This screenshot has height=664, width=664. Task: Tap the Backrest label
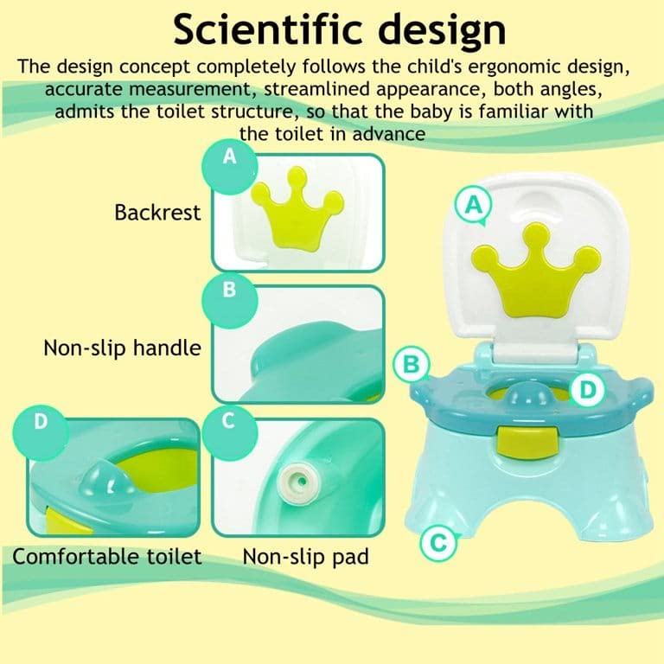point(157,213)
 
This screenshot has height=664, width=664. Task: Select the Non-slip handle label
point(123,348)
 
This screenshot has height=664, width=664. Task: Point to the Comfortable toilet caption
point(106,556)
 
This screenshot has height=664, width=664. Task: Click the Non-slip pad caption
point(306,557)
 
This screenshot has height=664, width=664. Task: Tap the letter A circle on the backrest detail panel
point(229,167)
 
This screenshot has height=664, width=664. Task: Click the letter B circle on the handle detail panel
point(229,301)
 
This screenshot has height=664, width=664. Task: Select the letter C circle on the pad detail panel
point(229,433)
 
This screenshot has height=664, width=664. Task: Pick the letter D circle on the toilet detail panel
point(41,433)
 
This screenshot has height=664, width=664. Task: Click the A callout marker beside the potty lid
point(474,206)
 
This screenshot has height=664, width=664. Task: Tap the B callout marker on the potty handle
point(412,365)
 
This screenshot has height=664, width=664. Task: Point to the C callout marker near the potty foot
point(438,542)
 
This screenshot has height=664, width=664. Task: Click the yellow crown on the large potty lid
point(537,271)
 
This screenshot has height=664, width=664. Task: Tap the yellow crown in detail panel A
point(297,209)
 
